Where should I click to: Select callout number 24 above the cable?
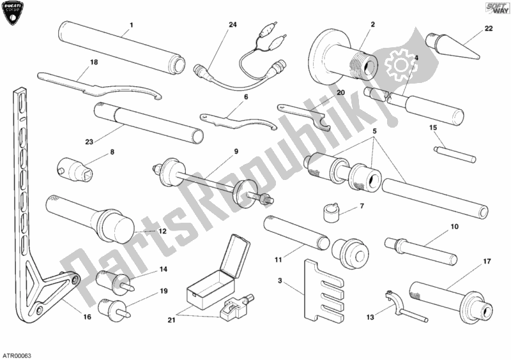(x=233, y=25)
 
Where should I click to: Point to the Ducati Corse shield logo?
(x=15, y=15)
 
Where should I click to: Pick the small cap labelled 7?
(x=330, y=210)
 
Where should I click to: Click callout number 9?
(x=235, y=151)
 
